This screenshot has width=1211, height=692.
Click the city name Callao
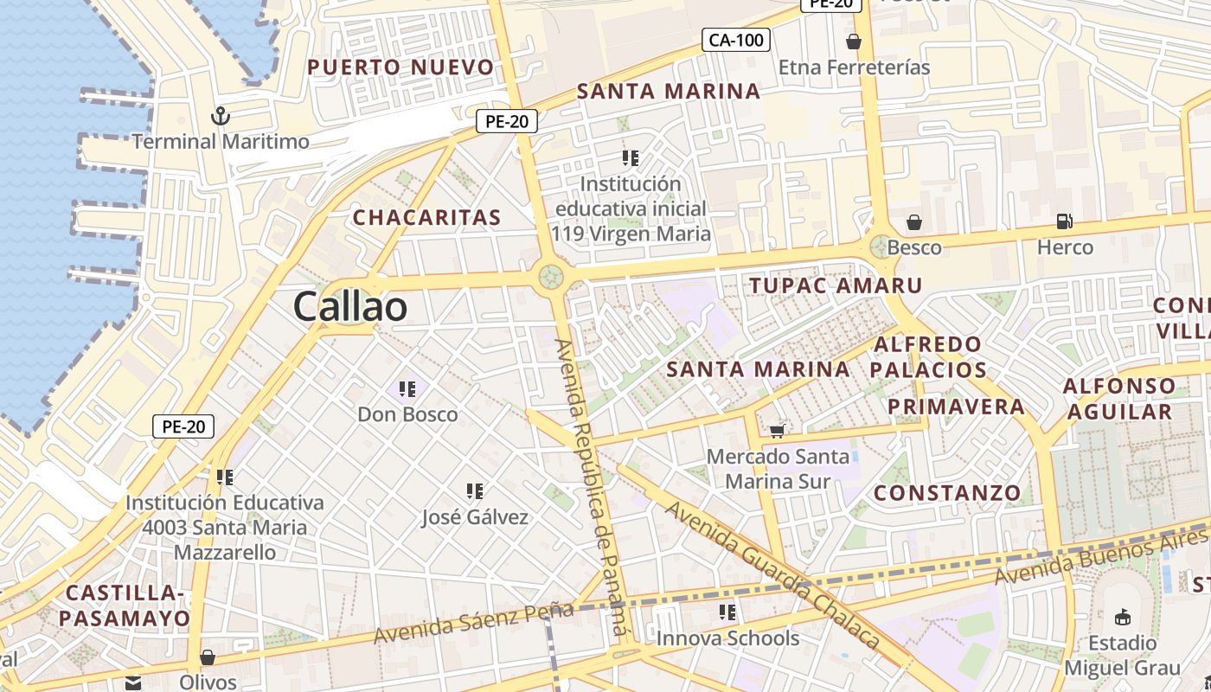(x=349, y=307)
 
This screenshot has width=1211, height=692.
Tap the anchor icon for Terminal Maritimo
(x=221, y=115)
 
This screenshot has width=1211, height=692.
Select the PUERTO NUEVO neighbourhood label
(x=400, y=67)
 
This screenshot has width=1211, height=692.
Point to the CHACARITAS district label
(x=426, y=218)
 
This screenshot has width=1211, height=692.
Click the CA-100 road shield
(x=735, y=40)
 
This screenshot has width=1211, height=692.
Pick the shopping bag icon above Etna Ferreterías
(x=854, y=42)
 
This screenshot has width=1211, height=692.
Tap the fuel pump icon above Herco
(x=1065, y=222)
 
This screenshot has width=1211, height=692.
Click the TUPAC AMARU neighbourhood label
(x=836, y=285)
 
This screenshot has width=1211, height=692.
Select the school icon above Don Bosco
(x=407, y=389)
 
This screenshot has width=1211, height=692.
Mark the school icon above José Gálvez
(x=475, y=492)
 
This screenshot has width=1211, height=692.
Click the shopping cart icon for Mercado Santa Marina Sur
(x=777, y=430)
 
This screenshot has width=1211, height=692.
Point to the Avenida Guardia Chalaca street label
(x=772, y=575)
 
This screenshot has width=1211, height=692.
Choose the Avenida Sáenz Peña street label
(x=473, y=623)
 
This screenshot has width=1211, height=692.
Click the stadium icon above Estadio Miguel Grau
(x=1123, y=617)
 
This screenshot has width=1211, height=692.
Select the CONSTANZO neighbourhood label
(x=947, y=494)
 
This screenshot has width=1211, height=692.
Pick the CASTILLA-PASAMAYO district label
(x=125, y=605)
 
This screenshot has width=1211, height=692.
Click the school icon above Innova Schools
(x=727, y=613)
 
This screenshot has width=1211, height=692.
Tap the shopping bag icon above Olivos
(x=208, y=657)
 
